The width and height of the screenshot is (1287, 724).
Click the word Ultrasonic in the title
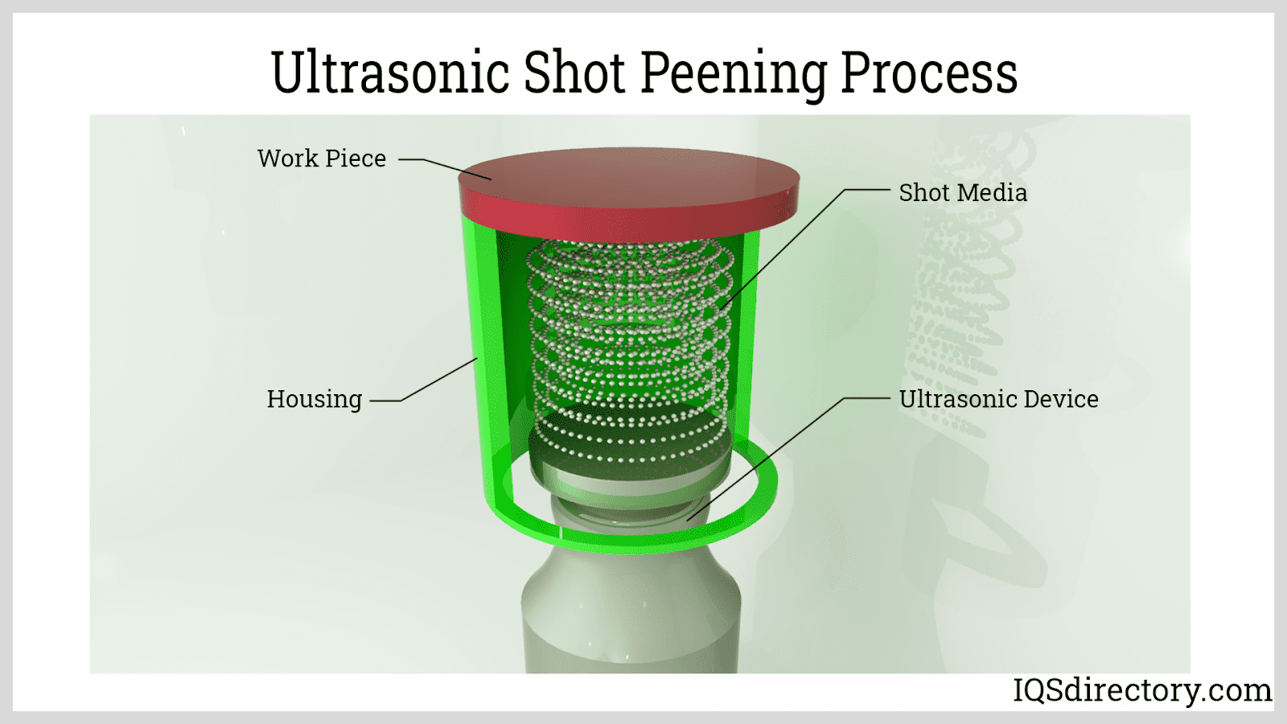tap(391, 72)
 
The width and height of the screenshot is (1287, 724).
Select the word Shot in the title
tap(574, 72)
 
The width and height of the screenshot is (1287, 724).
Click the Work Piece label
tap(322, 158)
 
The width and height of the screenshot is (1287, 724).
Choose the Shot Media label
tap(963, 192)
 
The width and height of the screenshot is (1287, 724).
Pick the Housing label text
tap(315, 400)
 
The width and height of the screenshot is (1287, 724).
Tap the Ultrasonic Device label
tap(998, 399)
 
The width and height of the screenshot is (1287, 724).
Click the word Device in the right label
tap(1061, 399)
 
